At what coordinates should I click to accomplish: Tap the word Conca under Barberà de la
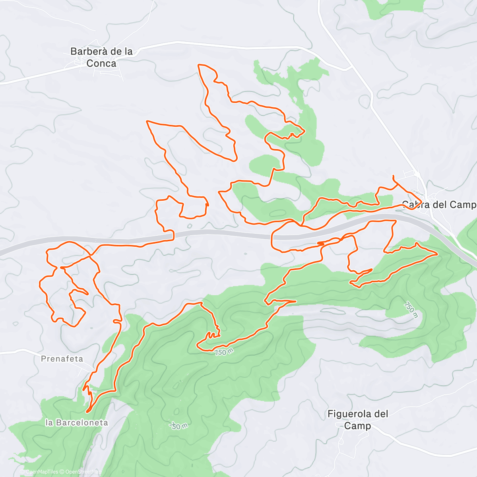click(101, 63)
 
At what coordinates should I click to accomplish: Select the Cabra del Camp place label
click(439, 205)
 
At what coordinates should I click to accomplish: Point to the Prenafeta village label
click(62, 359)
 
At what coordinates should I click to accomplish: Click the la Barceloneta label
click(76, 423)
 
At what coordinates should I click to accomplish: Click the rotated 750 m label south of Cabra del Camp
click(411, 310)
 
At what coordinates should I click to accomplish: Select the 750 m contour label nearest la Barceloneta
click(179, 426)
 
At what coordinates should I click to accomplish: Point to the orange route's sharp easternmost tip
click(438, 254)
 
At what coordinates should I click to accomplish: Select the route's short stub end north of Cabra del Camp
click(393, 176)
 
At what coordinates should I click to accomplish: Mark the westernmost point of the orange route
click(40, 283)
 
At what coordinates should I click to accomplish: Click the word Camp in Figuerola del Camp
click(357, 426)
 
